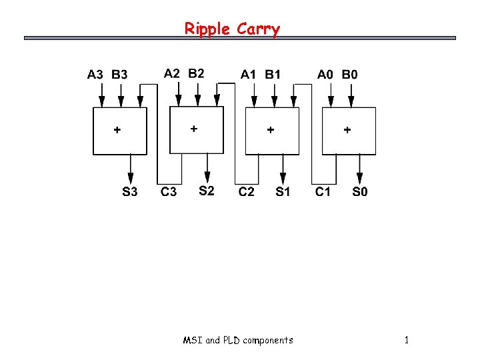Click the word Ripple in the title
[207, 29]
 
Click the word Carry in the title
[258, 29]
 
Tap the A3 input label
[95, 75]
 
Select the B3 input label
[120, 75]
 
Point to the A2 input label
[172, 73]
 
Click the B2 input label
[197, 73]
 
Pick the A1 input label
[248, 75]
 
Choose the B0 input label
[349, 75]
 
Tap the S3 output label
[130, 192]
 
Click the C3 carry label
[169, 192]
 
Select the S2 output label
[207, 191]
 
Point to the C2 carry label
[247, 192]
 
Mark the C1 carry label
[323, 192]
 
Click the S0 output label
[360, 192]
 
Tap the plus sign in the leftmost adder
[117, 131]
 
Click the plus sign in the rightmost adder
[347, 131]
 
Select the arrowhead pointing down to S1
[283, 179]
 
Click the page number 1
[406, 341]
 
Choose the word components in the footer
[268, 341]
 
